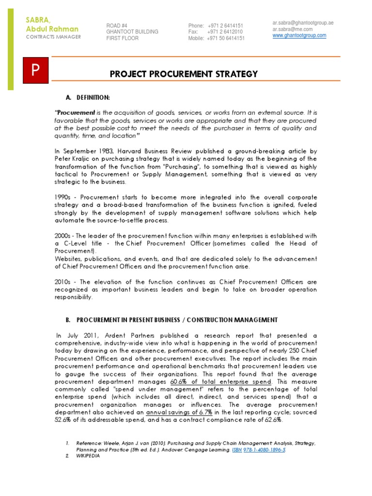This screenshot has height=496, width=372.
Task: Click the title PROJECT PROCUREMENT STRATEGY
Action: (x=184, y=74)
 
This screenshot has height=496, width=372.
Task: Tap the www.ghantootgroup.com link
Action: (x=299, y=35)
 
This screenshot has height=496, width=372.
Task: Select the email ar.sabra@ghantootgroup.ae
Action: (x=303, y=23)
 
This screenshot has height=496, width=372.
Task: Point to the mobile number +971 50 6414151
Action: (x=226, y=38)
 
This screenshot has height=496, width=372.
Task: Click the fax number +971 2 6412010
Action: (x=225, y=32)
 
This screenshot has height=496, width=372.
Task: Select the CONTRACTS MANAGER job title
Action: (x=53, y=37)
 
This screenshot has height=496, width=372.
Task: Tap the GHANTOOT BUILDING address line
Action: (x=132, y=32)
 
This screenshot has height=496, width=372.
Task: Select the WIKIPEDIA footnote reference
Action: (x=88, y=456)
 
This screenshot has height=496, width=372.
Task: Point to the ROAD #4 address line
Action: (x=117, y=26)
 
